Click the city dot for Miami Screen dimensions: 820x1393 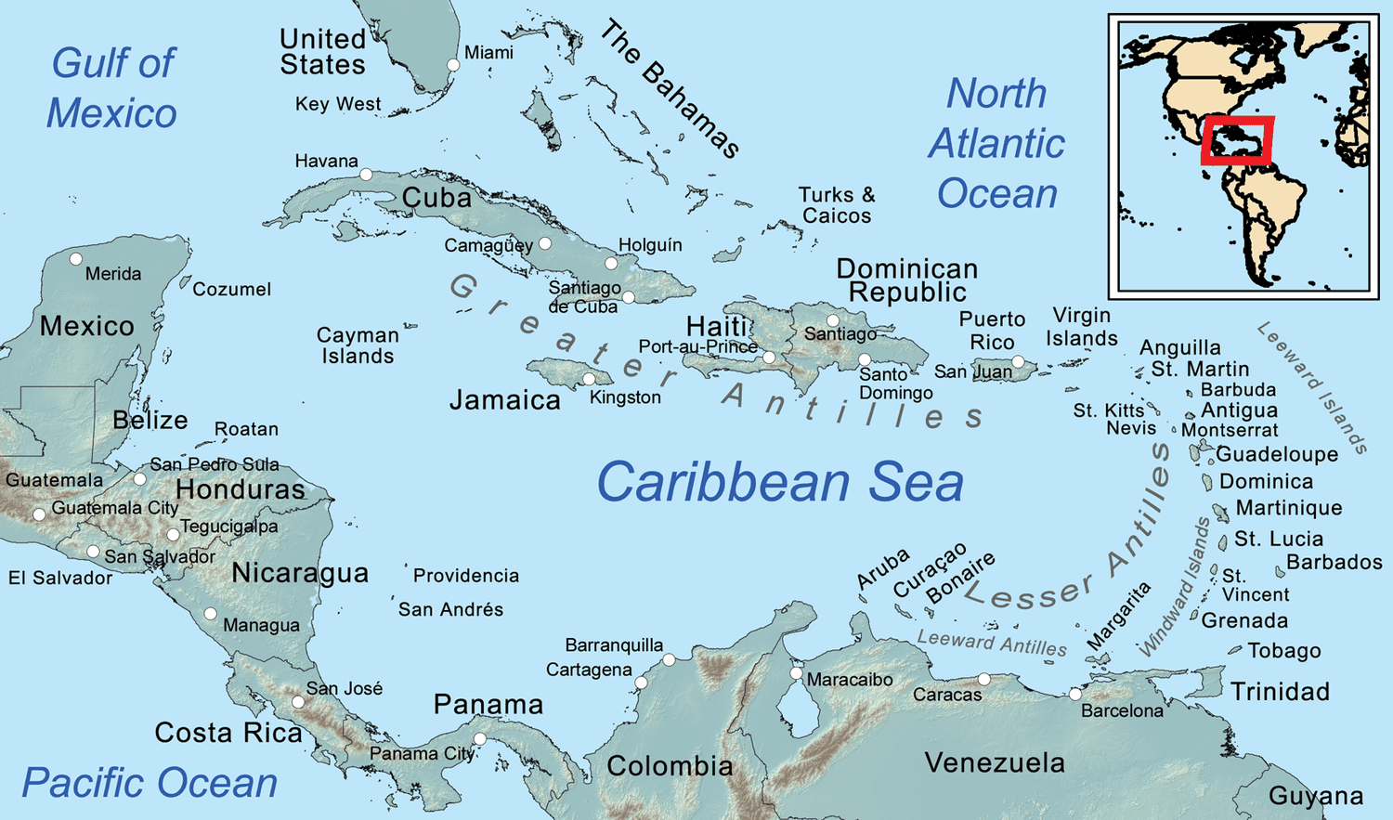pos(453,65)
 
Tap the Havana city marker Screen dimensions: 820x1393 pos(366,175)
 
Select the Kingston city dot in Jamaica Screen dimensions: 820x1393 pos(589,379)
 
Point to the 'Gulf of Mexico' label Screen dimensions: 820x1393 pos(111,88)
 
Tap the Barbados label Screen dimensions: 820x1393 pos(1334,562)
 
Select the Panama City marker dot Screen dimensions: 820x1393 pos(480,739)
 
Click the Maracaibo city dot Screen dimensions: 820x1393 pos(796,673)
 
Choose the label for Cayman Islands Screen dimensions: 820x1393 pos(358,345)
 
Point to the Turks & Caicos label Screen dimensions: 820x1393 pos(837,205)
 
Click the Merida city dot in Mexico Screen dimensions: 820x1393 pos(76,259)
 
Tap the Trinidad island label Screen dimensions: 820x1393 pos(1280,692)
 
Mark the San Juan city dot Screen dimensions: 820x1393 pos(1018,361)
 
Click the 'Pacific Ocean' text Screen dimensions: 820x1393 pos(150,783)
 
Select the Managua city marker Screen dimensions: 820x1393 pos(211,614)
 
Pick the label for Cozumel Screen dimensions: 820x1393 pos(232,289)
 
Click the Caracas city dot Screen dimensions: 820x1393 pos(984,680)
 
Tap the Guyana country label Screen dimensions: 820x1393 pos(1316,796)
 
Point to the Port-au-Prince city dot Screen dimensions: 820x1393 pos(769,358)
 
